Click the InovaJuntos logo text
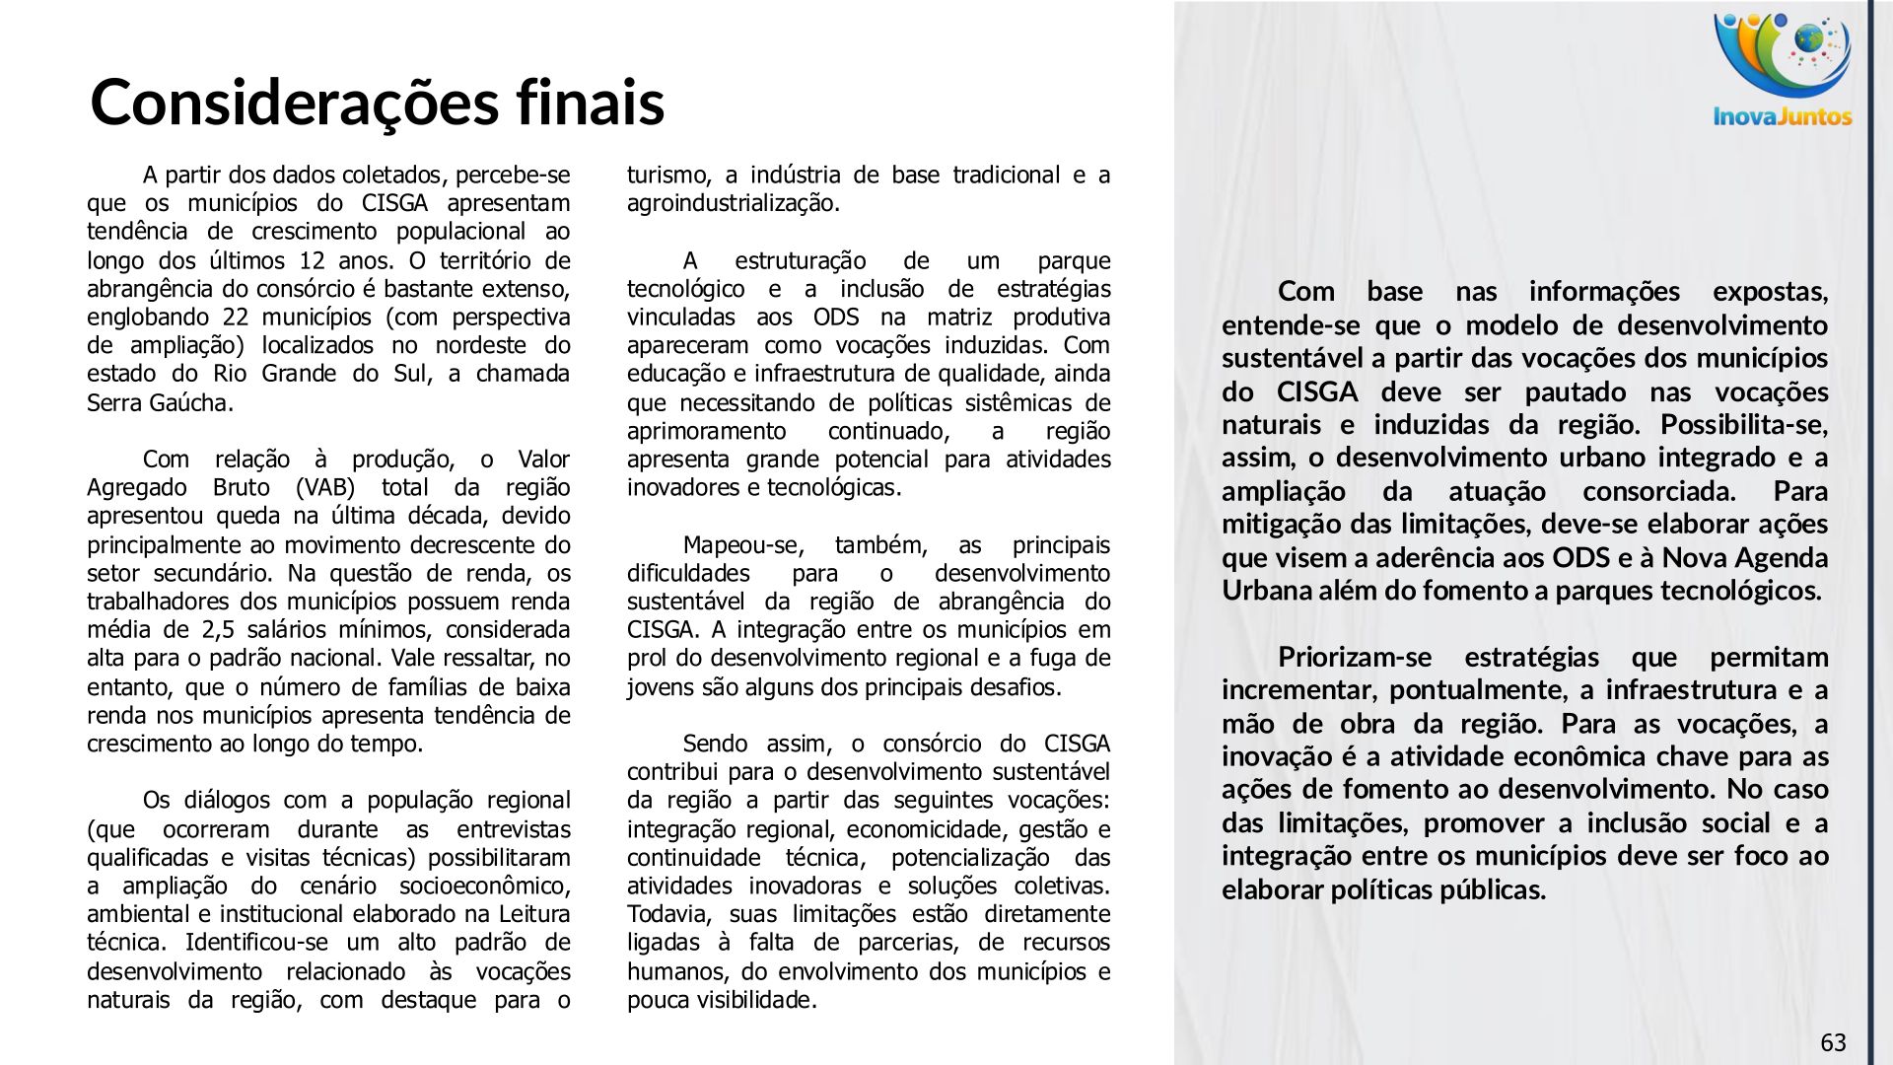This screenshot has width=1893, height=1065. coord(1783,116)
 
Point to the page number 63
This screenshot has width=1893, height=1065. coord(1833,1043)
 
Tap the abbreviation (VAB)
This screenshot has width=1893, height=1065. coord(328,488)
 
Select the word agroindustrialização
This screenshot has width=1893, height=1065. coord(733,204)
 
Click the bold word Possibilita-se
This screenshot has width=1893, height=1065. coord(1743,425)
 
